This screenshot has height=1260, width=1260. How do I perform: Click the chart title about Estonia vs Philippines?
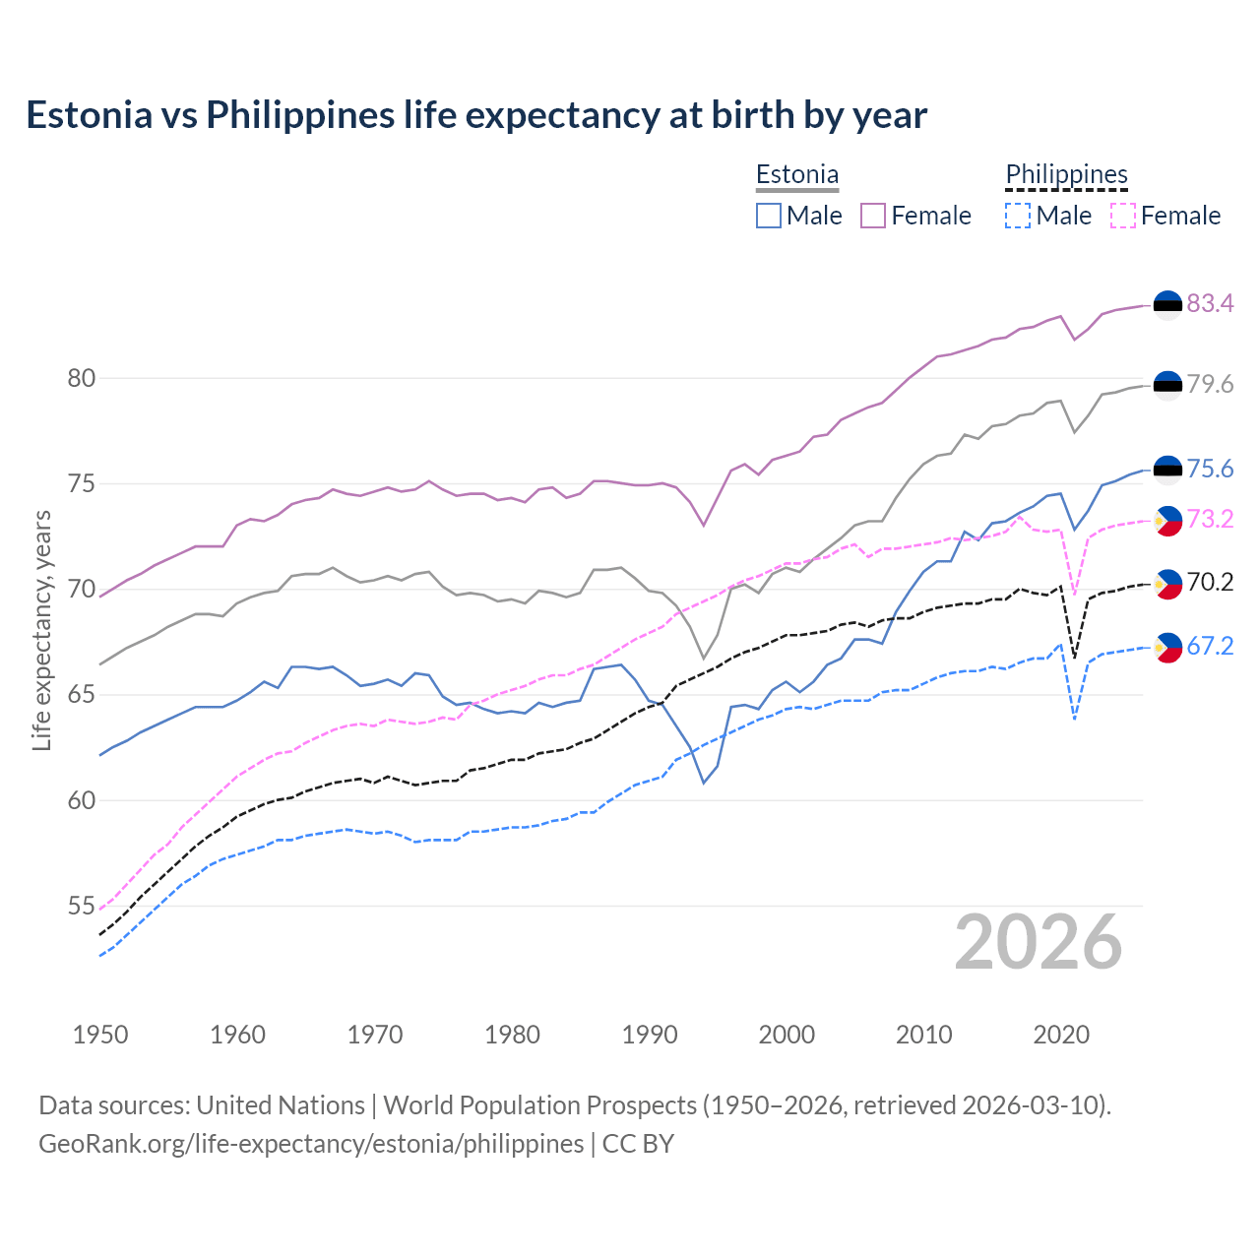(x=476, y=115)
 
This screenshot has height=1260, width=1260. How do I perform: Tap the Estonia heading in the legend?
(x=797, y=174)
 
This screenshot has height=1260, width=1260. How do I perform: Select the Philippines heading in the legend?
(x=1066, y=174)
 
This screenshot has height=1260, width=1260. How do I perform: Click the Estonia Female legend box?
(x=873, y=216)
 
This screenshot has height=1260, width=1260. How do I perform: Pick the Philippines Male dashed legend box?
(x=1018, y=216)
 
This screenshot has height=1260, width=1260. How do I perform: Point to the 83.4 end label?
(x=1210, y=304)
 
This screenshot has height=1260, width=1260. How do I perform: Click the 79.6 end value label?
(x=1210, y=385)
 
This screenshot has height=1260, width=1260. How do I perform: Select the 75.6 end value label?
(x=1210, y=470)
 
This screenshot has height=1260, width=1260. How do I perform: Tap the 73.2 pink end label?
(x=1210, y=520)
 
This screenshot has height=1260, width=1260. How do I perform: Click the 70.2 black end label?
(x=1210, y=583)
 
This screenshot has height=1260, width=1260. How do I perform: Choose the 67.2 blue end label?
(x=1210, y=647)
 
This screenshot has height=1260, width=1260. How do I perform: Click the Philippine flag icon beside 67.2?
(x=1167, y=647)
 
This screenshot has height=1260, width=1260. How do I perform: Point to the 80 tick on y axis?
(x=82, y=379)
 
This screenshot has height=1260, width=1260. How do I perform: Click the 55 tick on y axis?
(x=82, y=906)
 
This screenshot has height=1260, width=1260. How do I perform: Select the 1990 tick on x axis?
(x=650, y=1035)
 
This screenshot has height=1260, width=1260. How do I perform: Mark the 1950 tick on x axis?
(x=101, y=1035)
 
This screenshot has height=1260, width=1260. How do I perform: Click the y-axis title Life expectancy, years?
(x=41, y=630)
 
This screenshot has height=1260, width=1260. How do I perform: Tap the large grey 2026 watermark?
(x=1039, y=942)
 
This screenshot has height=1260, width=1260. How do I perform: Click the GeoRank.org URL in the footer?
(x=311, y=1144)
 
